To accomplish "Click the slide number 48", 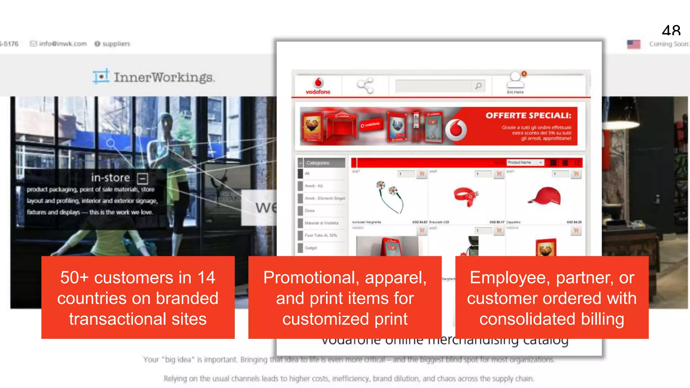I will (671, 31).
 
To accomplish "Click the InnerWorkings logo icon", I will (101, 76).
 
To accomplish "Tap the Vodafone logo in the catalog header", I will (318, 86).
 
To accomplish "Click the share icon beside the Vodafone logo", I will (365, 86).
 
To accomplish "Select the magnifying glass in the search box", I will (478, 86).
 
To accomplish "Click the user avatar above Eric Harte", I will (515, 80).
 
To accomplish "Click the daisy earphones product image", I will (390, 196).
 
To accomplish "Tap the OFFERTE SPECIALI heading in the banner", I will (528, 116).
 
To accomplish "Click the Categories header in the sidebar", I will (318, 163).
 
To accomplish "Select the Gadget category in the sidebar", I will (311, 248).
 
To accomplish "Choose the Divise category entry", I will (310, 211).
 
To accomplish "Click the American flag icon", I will (633, 44).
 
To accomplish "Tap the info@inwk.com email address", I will (63, 44).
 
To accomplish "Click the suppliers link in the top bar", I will (116, 44).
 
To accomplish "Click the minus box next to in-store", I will (143, 178).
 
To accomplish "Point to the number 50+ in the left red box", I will (74, 278).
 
